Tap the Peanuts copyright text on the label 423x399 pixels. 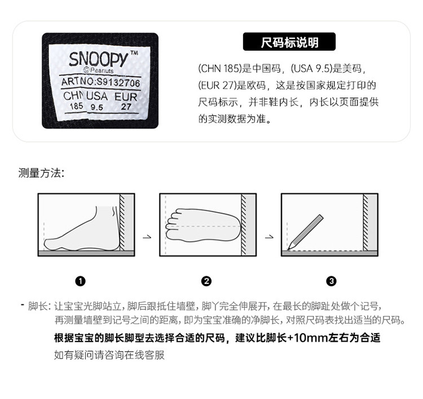point(99,70)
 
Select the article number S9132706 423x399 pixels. point(118,82)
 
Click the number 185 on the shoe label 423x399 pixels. point(76,106)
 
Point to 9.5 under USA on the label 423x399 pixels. point(97,107)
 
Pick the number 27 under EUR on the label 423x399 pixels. point(126,107)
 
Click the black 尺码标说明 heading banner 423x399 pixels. point(289,42)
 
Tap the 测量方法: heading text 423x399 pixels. point(41,173)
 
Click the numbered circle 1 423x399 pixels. point(81,281)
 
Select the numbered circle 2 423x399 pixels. point(206,281)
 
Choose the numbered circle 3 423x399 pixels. point(332,281)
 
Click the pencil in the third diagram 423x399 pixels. point(305,232)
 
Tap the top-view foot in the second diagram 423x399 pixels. point(203,225)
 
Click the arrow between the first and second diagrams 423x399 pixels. point(147,237)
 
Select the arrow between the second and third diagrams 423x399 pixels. point(269,237)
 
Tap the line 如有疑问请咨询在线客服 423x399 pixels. point(109,355)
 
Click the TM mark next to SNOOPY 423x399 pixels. point(134,53)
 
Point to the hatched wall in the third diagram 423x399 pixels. point(365,222)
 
